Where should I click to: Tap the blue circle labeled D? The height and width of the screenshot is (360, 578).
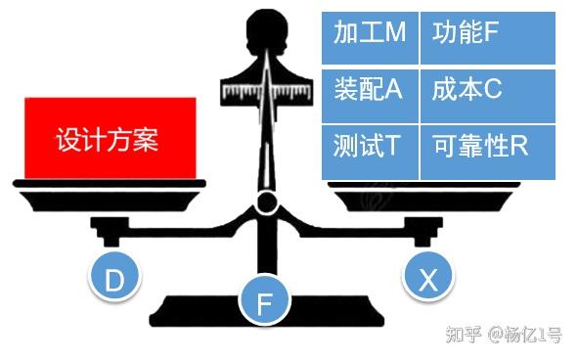114,281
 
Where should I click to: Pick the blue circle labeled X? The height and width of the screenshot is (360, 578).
428,281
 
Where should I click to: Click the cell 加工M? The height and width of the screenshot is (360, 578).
370,33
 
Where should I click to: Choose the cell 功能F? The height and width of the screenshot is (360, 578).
487,33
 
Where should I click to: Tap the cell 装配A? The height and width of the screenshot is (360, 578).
370,90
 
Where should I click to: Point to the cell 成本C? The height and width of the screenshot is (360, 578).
487,90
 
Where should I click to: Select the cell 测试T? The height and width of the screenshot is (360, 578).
370,148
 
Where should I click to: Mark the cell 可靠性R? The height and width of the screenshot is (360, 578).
487,148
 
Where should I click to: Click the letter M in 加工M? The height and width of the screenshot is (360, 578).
395,33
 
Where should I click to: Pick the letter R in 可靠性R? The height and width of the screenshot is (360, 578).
519,148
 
